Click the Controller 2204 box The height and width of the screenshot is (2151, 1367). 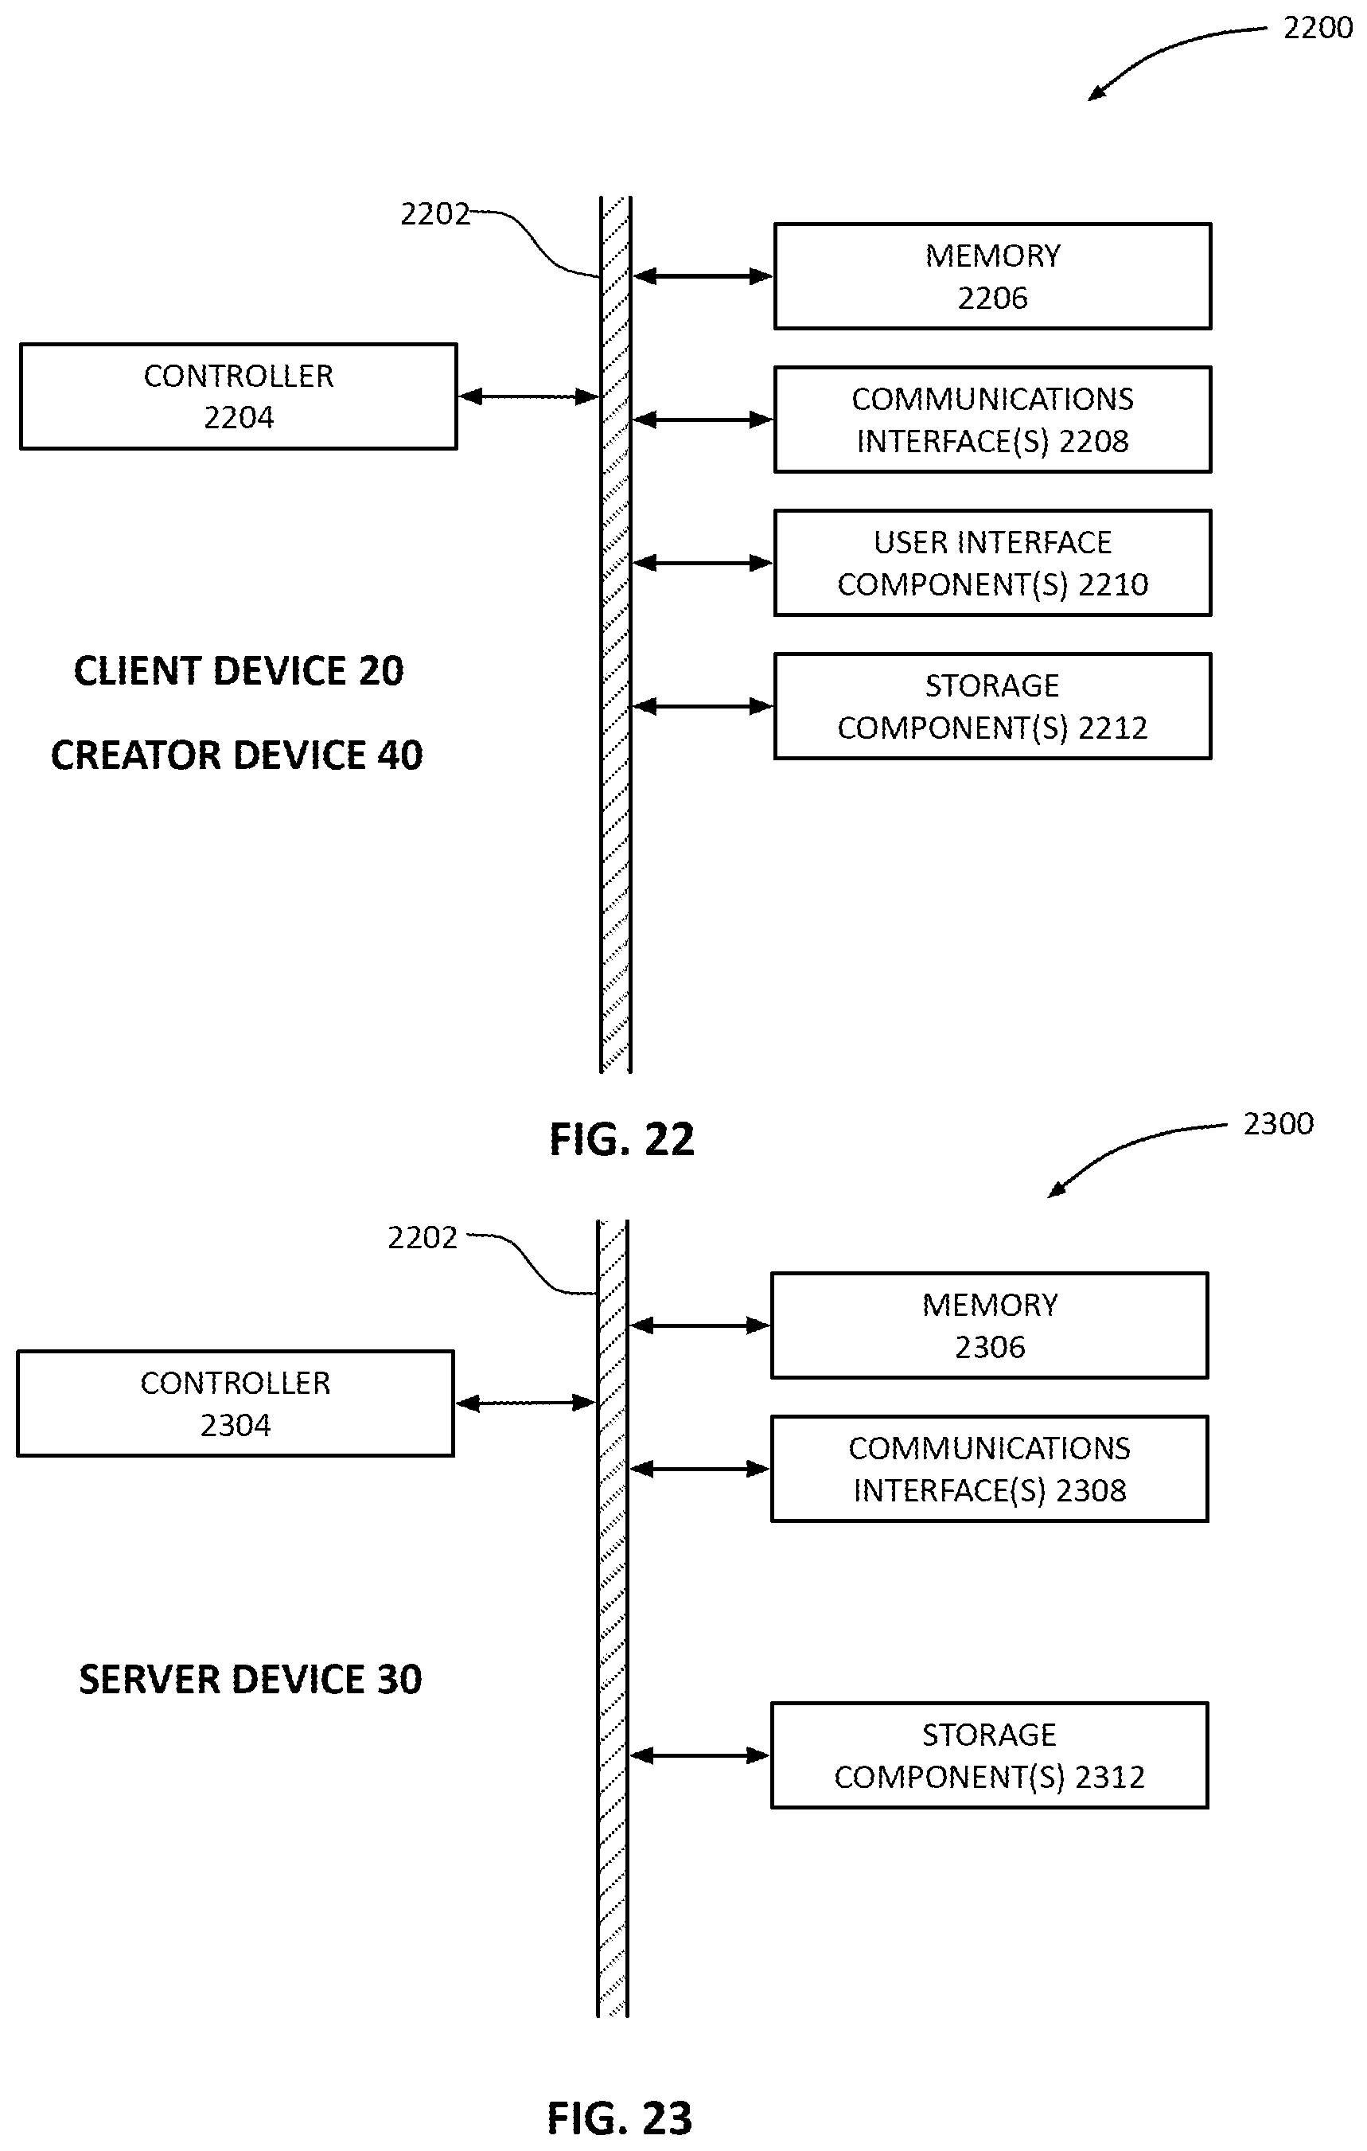tap(239, 396)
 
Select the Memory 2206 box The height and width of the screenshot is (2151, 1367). tap(992, 276)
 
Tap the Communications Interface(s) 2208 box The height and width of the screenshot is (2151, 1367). tap(992, 419)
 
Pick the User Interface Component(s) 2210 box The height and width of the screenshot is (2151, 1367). tap(992, 563)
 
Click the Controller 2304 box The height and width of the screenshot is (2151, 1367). tap(235, 1403)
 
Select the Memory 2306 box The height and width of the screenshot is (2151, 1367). tap(989, 1325)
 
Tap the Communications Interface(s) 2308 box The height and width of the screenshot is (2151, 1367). tap(989, 1469)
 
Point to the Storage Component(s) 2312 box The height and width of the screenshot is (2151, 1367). tap(989, 1755)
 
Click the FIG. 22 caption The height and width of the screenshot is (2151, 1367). tap(621, 1139)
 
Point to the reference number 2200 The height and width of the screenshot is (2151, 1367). tap(1318, 29)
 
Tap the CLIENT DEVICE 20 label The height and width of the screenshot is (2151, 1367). tap(239, 671)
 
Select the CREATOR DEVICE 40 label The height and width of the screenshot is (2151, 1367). tap(236, 755)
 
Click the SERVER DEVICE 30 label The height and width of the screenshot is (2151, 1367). tap(250, 1680)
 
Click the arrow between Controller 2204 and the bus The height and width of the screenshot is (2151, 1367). tap(528, 396)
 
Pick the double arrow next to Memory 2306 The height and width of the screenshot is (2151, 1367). tap(699, 1325)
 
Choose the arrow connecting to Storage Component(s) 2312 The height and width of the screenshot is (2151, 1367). tap(699, 1755)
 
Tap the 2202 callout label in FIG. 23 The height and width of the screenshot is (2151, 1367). tap(423, 1237)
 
